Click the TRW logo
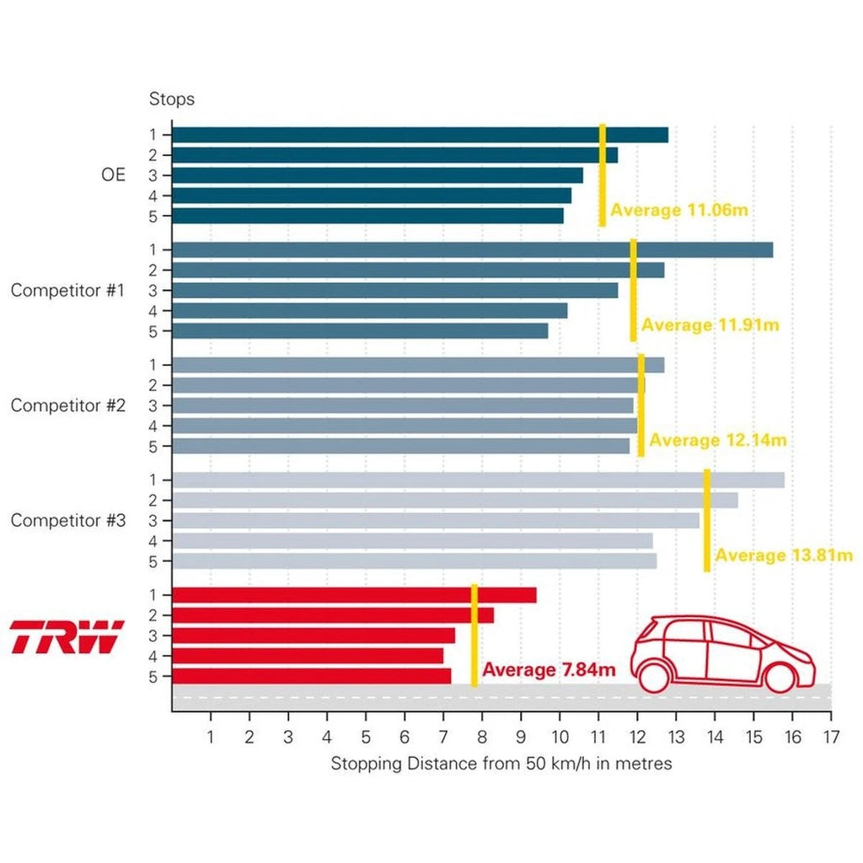67,636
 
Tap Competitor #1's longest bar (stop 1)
472,249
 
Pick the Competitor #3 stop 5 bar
414,561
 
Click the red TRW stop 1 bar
354,595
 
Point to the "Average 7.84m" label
549,671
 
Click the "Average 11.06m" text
679,210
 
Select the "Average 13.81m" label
784,555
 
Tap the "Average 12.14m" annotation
718,440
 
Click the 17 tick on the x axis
831,737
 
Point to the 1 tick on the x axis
211,737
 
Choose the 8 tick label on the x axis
482,737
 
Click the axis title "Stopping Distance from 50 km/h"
501,764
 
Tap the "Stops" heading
172,99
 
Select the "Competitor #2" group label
68,405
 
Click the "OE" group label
113,175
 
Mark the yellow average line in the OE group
602,174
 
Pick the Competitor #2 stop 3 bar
402,405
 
